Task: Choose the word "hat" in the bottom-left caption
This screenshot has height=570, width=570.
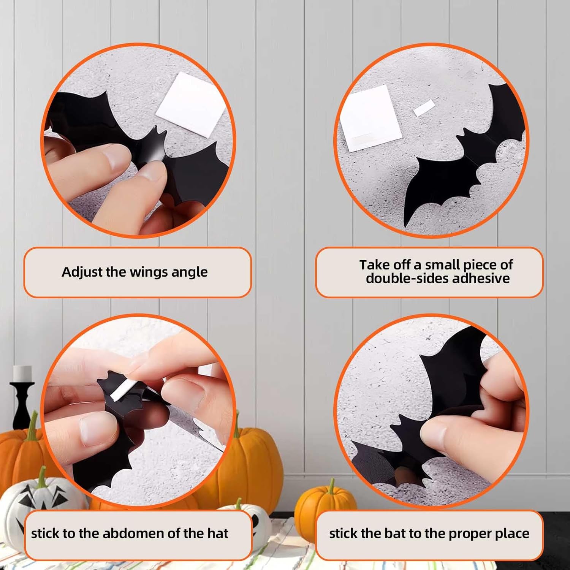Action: (218, 534)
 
